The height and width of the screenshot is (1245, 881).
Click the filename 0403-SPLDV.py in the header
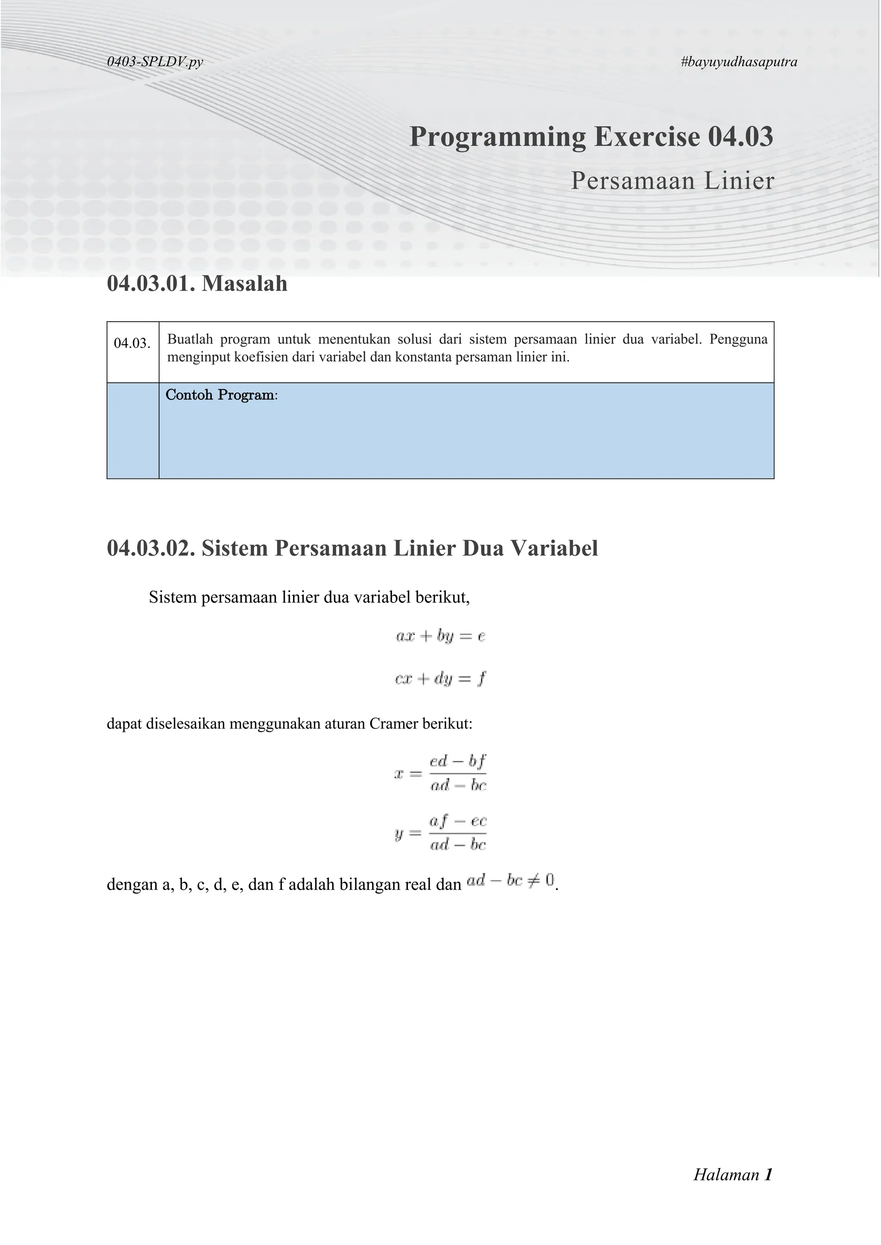coord(155,62)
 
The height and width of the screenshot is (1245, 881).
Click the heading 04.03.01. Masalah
coord(197,284)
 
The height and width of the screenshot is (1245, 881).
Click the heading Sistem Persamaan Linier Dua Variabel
coord(400,548)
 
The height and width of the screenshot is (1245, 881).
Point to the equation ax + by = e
coord(440,636)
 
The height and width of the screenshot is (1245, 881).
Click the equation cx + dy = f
coord(440,678)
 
